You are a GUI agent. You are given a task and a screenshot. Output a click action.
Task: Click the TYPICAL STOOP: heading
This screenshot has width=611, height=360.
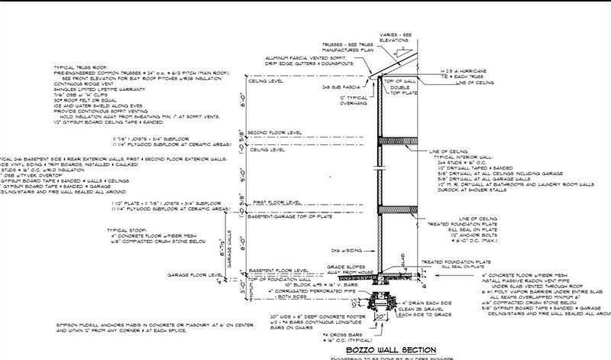tap(126, 229)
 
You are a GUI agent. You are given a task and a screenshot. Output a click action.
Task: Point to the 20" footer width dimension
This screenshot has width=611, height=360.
tap(379, 316)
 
